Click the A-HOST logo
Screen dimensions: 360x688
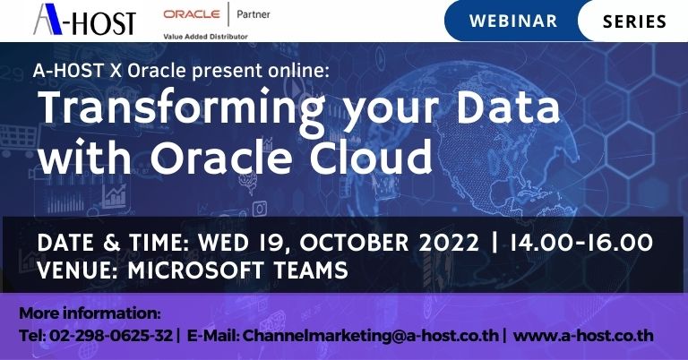tap(84, 19)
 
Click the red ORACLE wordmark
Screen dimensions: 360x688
tap(191, 15)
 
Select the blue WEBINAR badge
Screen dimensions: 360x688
tap(512, 20)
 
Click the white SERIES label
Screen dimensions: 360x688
tap(634, 20)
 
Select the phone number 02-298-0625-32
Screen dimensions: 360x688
tap(107, 337)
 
